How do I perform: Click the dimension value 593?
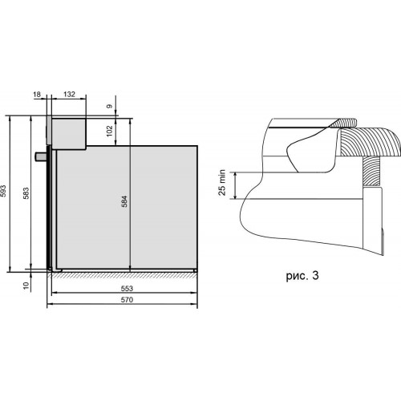[3, 191]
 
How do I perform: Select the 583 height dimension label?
[26, 193]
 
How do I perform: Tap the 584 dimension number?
[124, 201]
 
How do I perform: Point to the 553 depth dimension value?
[127, 289]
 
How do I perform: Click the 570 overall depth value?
[127, 300]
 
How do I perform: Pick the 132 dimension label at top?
[69, 94]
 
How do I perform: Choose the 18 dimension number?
[37, 94]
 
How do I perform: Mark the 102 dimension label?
[110, 131]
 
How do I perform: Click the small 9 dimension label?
[110, 106]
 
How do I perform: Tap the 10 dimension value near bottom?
[26, 286]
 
